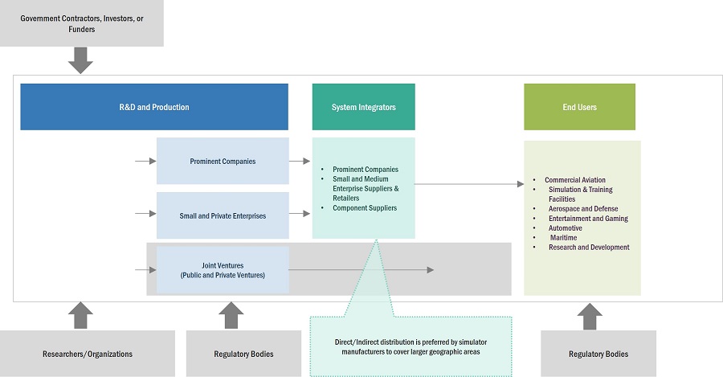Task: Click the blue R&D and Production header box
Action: [154, 107]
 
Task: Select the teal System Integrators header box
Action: [363, 107]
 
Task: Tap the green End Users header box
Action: [579, 107]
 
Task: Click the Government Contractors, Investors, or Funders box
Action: [81, 23]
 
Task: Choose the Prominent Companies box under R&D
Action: [223, 161]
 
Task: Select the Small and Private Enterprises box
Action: [223, 215]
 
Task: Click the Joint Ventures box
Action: [223, 269]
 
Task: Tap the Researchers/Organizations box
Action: [87, 354]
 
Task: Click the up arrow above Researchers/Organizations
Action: [81, 315]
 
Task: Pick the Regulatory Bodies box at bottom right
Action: [598, 354]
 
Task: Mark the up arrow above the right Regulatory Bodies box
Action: [590, 315]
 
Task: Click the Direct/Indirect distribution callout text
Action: [411, 347]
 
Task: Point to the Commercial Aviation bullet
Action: [574, 180]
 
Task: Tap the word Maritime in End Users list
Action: [565, 238]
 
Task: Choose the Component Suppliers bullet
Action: [365, 208]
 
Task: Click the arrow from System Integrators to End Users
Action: [469, 184]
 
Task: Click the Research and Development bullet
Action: [589, 248]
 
